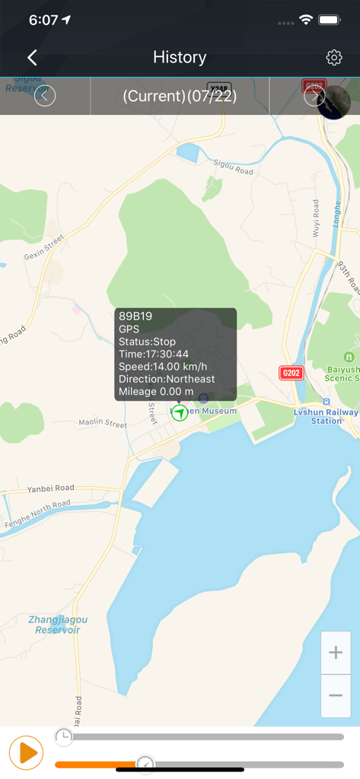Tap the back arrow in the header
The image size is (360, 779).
[x=32, y=57]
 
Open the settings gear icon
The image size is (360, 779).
[x=333, y=57]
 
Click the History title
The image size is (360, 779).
[x=180, y=57]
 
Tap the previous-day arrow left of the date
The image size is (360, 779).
[x=45, y=96]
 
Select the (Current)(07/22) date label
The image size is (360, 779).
[x=180, y=96]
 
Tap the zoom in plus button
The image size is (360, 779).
[x=336, y=653]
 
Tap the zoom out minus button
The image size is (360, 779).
[x=336, y=696]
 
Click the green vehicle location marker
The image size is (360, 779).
[x=180, y=412]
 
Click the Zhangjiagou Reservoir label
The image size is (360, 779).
[x=59, y=625]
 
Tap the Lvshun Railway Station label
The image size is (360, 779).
[x=326, y=415]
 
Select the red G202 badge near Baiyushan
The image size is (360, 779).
[x=292, y=373]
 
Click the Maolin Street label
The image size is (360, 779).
[x=103, y=424]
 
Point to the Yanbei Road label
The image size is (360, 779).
[x=51, y=488]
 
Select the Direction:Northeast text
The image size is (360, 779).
[x=167, y=379]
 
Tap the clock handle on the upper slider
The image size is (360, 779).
[x=64, y=736]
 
